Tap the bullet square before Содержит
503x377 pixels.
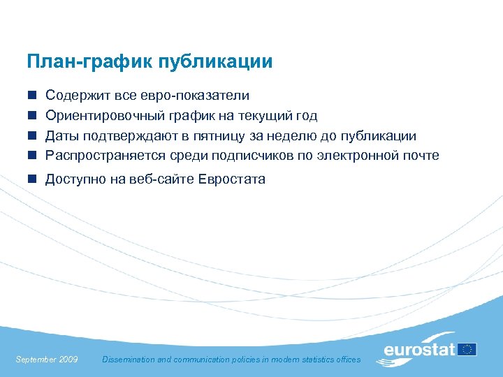31,95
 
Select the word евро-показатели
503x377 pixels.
202,95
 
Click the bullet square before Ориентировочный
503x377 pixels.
31,115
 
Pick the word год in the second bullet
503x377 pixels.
305,115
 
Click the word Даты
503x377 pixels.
61,135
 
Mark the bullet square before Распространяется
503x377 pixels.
31,155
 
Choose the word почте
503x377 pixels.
421,155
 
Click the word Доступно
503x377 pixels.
74,179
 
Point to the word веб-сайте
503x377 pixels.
156,179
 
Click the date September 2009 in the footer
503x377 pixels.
46,360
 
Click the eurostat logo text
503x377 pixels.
419,350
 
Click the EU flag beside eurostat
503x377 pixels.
467,349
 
